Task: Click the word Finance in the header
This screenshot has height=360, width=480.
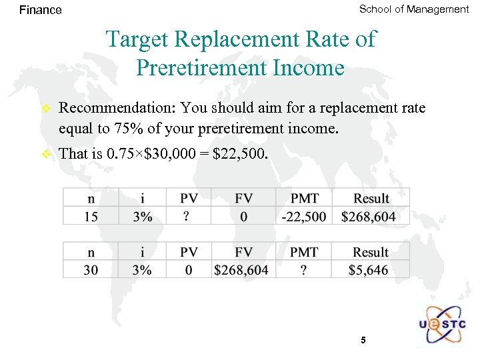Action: (x=41, y=10)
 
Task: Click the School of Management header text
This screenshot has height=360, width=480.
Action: (x=414, y=9)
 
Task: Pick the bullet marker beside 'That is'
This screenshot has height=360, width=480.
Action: (x=45, y=154)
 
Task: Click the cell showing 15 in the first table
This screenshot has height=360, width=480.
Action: (x=91, y=216)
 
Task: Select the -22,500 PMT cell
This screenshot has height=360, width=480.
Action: (x=304, y=216)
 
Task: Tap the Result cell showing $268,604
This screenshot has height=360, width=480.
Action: (x=371, y=216)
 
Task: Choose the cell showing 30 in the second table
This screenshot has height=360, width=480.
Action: (x=91, y=269)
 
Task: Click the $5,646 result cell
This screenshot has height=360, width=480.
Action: (x=371, y=269)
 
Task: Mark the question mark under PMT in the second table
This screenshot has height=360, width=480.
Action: (x=304, y=269)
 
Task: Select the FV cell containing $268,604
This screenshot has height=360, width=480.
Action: (x=241, y=269)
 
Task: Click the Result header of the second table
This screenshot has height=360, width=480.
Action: (x=371, y=252)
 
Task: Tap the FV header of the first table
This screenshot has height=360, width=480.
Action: (x=244, y=198)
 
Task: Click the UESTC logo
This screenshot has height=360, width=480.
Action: (x=443, y=325)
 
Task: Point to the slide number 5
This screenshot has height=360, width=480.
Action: (x=363, y=340)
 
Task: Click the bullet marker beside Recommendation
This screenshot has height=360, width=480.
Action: (x=45, y=108)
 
